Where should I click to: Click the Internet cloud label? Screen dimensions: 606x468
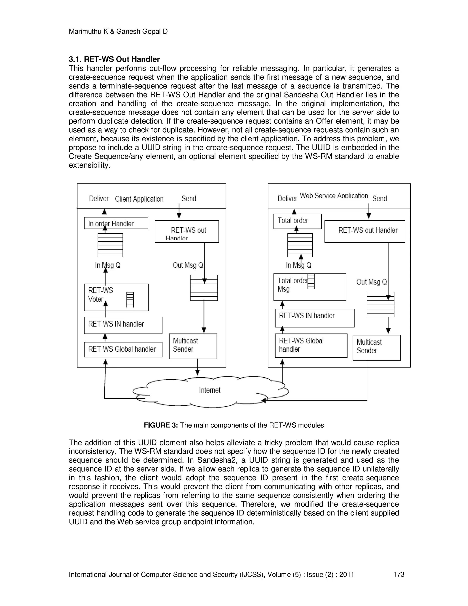[x=210, y=390]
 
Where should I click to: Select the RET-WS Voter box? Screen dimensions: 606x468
[x=116, y=297]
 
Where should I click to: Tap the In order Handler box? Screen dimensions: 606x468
[x=116, y=223]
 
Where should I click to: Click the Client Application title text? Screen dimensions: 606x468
[x=139, y=199]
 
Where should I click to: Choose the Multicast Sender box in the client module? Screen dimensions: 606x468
[x=193, y=346]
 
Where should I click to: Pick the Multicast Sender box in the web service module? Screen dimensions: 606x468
[x=376, y=347]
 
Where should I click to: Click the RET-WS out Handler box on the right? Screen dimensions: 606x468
[x=364, y=231]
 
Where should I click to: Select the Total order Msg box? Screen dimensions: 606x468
[x=309, y=287]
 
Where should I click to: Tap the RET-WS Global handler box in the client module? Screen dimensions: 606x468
[x=123, y=349]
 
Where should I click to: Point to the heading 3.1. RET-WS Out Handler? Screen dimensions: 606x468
[x=114, y=59]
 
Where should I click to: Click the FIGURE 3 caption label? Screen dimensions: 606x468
[x=160, y=425]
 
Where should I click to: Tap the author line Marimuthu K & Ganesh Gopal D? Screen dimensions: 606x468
[x=118, y=32]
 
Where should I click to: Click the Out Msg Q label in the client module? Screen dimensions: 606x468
[x=188, y=265]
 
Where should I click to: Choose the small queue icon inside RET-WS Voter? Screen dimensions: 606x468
[x=130, y=300]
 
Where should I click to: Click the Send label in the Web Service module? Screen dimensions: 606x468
[x=379, y=198]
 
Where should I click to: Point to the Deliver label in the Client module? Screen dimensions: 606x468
[x=99, y=199]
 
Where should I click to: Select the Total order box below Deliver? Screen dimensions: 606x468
[x=297, y=221]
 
